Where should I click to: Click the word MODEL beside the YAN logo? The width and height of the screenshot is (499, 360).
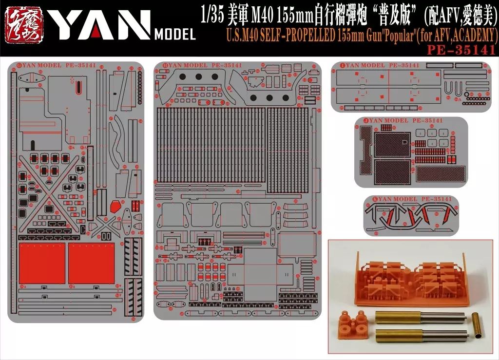[x=174, y=35]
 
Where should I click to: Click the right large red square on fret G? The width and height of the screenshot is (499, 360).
[x=91, y=263]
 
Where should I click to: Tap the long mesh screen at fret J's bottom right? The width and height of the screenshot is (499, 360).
[x=437, y=172]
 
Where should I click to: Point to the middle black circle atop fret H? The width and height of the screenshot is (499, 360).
[x=199, y=76]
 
